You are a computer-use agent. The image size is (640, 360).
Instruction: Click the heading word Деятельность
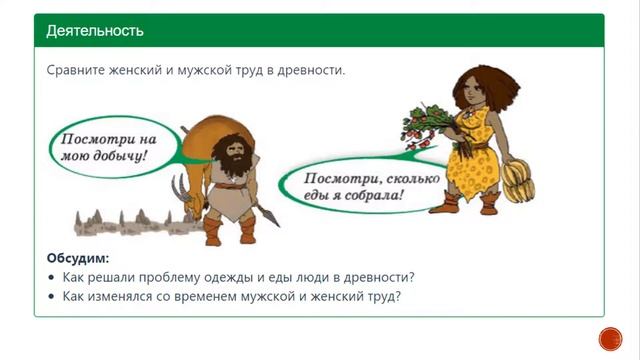pos(94,30)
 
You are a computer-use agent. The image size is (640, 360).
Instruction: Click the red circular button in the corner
pos(609,338)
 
